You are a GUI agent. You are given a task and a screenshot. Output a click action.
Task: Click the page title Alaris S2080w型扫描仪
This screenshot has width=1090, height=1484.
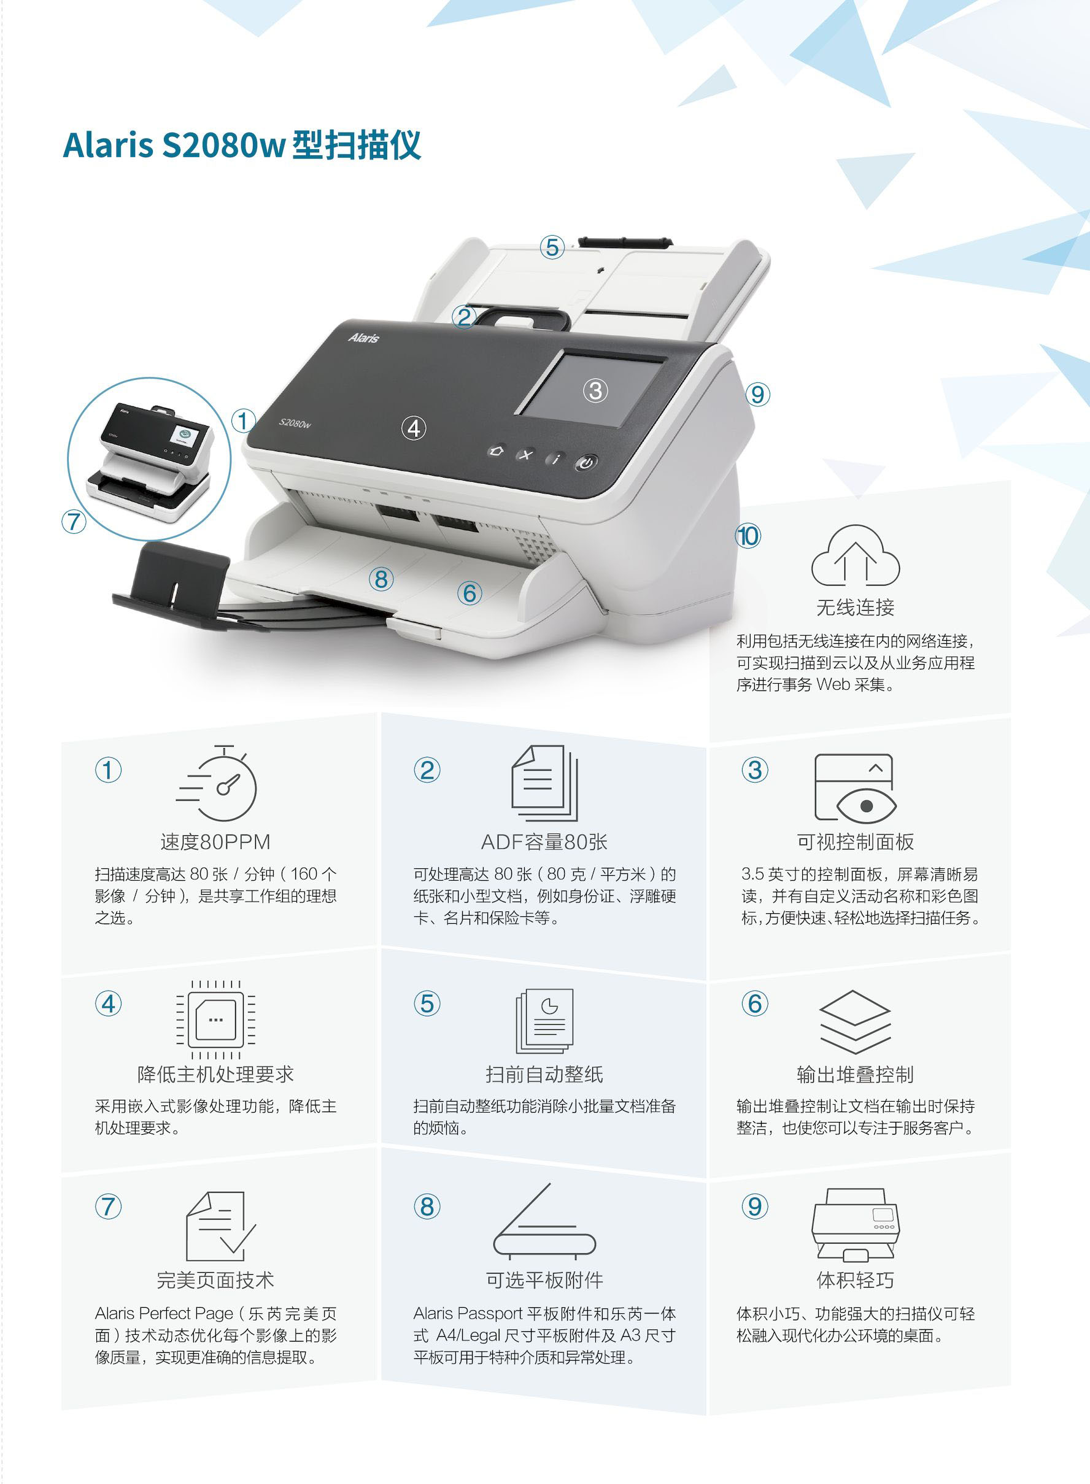point(241,144)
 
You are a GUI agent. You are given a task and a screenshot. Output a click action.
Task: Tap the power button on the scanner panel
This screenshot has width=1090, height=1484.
point(586,463)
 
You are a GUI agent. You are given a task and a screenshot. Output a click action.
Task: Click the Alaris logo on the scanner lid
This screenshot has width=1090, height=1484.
point(363,338)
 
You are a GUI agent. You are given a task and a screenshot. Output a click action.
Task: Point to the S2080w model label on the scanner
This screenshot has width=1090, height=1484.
point(294,423)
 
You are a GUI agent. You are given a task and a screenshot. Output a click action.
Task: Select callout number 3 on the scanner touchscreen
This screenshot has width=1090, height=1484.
point(595,390)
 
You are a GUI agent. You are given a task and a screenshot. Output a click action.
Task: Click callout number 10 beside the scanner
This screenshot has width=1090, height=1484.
point(748,536)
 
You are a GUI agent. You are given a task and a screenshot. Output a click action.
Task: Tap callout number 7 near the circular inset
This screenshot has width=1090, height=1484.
point(74,521)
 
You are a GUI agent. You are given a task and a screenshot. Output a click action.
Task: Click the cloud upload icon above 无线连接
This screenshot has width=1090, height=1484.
point(855,555)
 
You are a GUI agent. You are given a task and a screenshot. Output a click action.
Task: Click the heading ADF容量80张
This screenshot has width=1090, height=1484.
point(544,842)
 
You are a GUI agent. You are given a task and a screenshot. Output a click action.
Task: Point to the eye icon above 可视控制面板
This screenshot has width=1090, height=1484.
point(855,788)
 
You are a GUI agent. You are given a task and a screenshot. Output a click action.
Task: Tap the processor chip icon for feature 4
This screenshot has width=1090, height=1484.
point(215,1020)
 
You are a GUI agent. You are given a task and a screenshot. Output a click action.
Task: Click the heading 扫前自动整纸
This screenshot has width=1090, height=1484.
point(544,1075)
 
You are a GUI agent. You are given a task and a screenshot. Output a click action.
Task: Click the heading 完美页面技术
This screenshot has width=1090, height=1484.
point(215,1281)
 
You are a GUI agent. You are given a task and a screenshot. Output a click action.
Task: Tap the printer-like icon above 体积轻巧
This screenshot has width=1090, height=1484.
point(855,1226)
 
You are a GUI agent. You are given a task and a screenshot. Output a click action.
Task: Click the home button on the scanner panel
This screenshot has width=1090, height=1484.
point(496,450)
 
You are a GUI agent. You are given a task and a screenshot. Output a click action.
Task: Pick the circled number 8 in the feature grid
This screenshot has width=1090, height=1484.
point(427,1207)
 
